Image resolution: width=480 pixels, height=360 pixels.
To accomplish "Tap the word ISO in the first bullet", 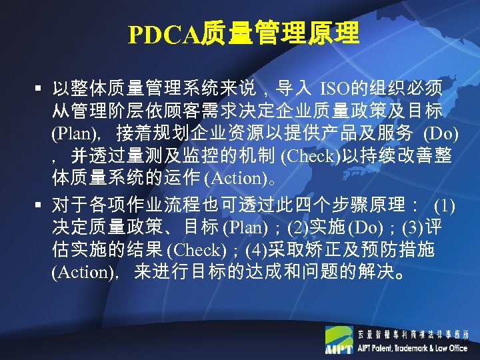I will pyautogui.click(x=333, y=88).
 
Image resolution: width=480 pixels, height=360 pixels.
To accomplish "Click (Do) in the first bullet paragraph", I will pyautogui.click(x=441, y=133).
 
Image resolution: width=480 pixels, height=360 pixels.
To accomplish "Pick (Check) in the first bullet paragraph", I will pyautogui.click(x=311, y=157).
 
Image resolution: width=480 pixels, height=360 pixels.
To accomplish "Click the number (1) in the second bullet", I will pyautogui.click(x=444, y=203).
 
